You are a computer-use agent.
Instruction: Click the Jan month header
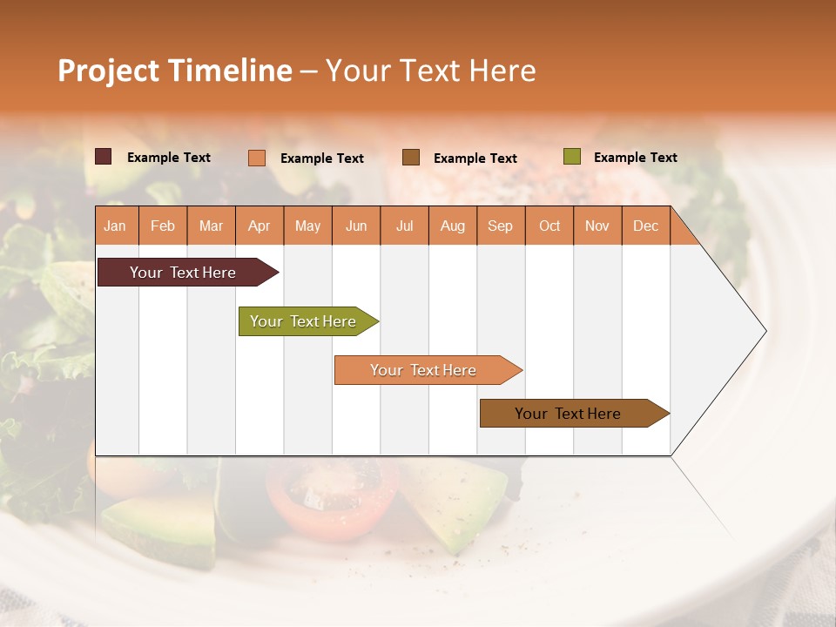coord(116,226)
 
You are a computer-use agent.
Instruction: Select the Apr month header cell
coord(260,226)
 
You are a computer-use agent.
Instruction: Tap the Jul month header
coord(404,226)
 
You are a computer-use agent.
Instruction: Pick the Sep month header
coord(501,226)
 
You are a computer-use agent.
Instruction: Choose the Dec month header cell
coord(645,226)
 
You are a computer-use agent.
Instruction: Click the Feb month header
coord(163,226)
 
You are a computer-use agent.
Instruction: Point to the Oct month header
coord(549,226)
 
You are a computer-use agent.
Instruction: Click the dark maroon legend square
coord(104,157)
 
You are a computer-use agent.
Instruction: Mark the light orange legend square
coord(257,158)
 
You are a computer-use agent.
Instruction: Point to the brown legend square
coord(411,158)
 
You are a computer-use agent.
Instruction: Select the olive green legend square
coord(572,157)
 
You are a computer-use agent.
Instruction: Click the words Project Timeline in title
coord(174,71)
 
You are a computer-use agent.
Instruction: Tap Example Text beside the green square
coord(635,158)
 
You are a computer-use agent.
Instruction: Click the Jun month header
coord(356,226)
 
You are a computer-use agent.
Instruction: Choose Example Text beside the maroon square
coord(168,158)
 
